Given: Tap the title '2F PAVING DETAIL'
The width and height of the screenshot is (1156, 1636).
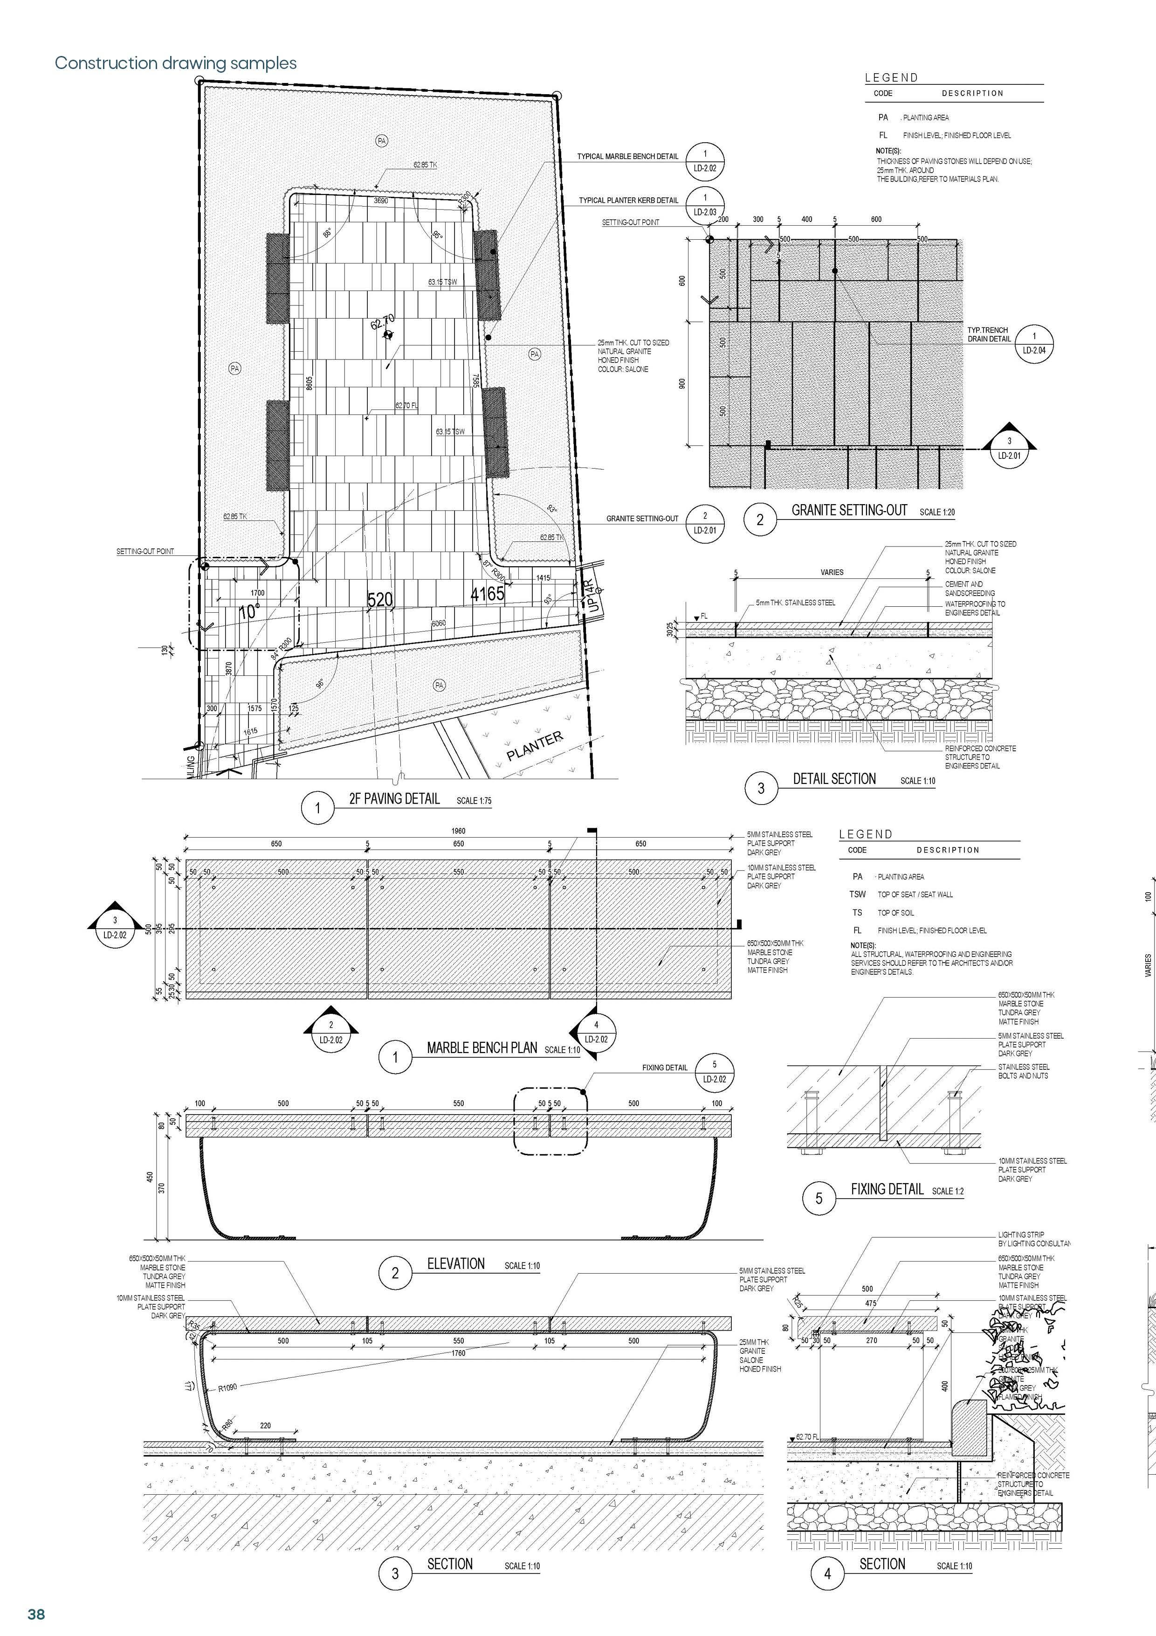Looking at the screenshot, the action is (394, 799).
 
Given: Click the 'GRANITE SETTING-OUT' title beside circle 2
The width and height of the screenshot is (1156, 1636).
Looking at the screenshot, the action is (849, 510).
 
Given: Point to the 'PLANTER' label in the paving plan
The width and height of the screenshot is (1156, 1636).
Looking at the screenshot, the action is (534, 745).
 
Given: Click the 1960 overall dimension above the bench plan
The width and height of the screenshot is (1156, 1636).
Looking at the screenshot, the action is (458, 831).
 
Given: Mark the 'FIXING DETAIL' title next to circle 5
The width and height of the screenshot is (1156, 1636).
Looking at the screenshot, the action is (887, 1189).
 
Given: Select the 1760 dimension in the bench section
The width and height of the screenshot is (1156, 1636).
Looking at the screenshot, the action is (458, 1353).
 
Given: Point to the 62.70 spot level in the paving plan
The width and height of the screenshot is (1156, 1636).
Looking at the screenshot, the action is (383, 323).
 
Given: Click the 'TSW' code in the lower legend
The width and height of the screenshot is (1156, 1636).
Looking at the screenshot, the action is (858, 894).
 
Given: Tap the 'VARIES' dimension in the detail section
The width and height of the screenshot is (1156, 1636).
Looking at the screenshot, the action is (831, 572).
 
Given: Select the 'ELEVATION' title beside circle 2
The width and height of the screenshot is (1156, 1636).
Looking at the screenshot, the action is (456, 1264).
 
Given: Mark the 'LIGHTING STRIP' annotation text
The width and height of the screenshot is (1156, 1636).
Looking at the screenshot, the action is (1021, 1234).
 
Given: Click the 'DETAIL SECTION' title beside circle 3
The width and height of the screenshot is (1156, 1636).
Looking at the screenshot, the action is (834, 779).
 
